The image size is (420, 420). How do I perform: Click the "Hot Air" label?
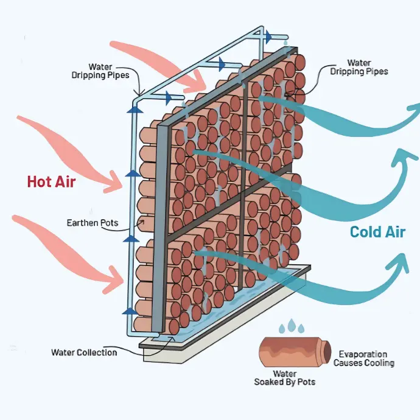(51, 181)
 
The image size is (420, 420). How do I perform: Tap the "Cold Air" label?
(377, 231)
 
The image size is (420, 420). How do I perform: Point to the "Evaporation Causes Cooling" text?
(363, 359)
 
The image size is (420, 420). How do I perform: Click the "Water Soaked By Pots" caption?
(284, 378)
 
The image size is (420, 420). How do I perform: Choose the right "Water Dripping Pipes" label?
(359, 67)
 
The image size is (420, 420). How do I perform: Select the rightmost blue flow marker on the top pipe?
(268, 37)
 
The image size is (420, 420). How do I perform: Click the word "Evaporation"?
(363, 354)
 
